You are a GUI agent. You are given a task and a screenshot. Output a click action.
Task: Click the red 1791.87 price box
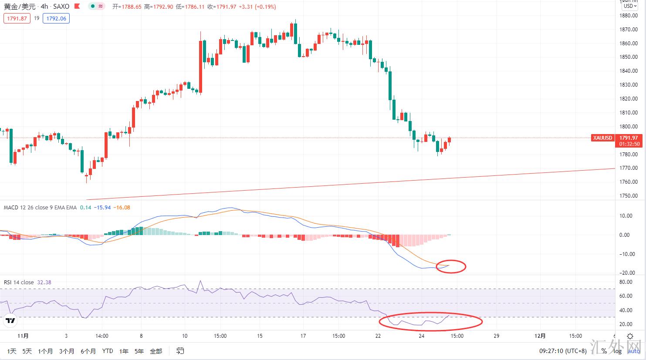click(x=17, y=18)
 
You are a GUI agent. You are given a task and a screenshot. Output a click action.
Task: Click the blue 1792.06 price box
click(x=56, y=18)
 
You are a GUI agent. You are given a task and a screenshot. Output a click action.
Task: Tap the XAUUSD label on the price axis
click(x=602, y=138)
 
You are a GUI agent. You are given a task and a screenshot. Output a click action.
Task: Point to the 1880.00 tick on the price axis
click(x=628, y=16)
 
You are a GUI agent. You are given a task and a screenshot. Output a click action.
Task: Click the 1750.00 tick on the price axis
click(x=628, y=196)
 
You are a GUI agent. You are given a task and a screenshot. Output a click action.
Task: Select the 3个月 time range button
click(x=67, y=351)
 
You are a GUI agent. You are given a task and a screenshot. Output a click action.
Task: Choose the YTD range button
click(x=107, y=351)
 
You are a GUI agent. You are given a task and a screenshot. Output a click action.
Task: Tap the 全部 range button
click(x=156, y=351)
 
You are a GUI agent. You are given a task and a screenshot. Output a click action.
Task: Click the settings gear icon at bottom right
click(x=630, y=336)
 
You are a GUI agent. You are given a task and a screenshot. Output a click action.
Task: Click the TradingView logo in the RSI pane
click(x=10, y=321)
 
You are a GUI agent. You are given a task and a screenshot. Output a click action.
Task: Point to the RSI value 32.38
click(x=44, y=283)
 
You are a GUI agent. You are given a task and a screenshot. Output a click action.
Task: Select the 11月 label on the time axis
click(x=23, y=336)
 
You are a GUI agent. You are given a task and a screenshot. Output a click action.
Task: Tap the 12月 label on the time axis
click(x=540, y=336)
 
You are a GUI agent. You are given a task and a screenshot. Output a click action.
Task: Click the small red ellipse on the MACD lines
click(x=451, y=266)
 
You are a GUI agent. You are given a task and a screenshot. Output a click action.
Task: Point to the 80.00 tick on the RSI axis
click(x=626, y=282)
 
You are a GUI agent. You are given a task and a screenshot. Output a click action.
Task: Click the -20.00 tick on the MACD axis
click(x=625, y=273)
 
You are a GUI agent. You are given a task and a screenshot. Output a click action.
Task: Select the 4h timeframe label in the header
click(x=44, y=7)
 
